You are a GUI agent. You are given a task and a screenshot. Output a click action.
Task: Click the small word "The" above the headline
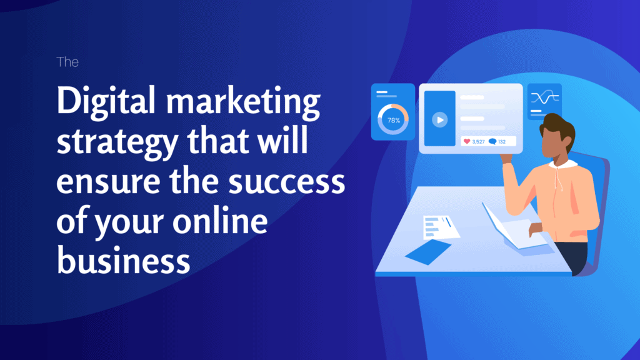[x=67, y=62]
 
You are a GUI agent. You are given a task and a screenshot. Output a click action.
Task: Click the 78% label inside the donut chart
[x=394, y=120]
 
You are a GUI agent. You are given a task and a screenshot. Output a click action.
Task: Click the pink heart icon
[x=466, y=141]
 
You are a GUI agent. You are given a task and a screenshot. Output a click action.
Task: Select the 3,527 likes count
[x=477, y=142]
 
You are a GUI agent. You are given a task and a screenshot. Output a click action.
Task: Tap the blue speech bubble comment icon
[x=492, y=141]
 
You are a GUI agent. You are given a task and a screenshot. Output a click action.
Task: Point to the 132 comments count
[x=503, y=142]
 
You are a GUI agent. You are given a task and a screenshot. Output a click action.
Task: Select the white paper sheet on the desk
[x=441, y=226]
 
